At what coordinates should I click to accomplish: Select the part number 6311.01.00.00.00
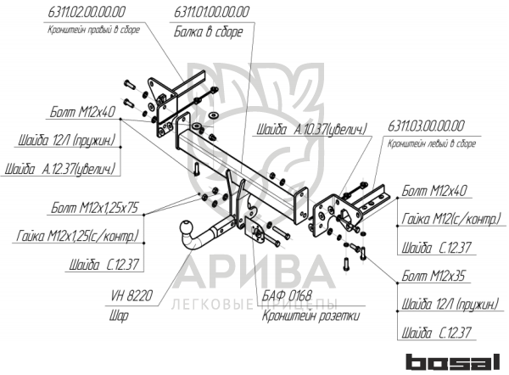[211, 12]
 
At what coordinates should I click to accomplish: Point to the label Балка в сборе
[209, 31]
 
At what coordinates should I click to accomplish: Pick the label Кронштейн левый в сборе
[429, 143]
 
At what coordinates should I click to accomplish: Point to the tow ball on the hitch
[183, 230]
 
